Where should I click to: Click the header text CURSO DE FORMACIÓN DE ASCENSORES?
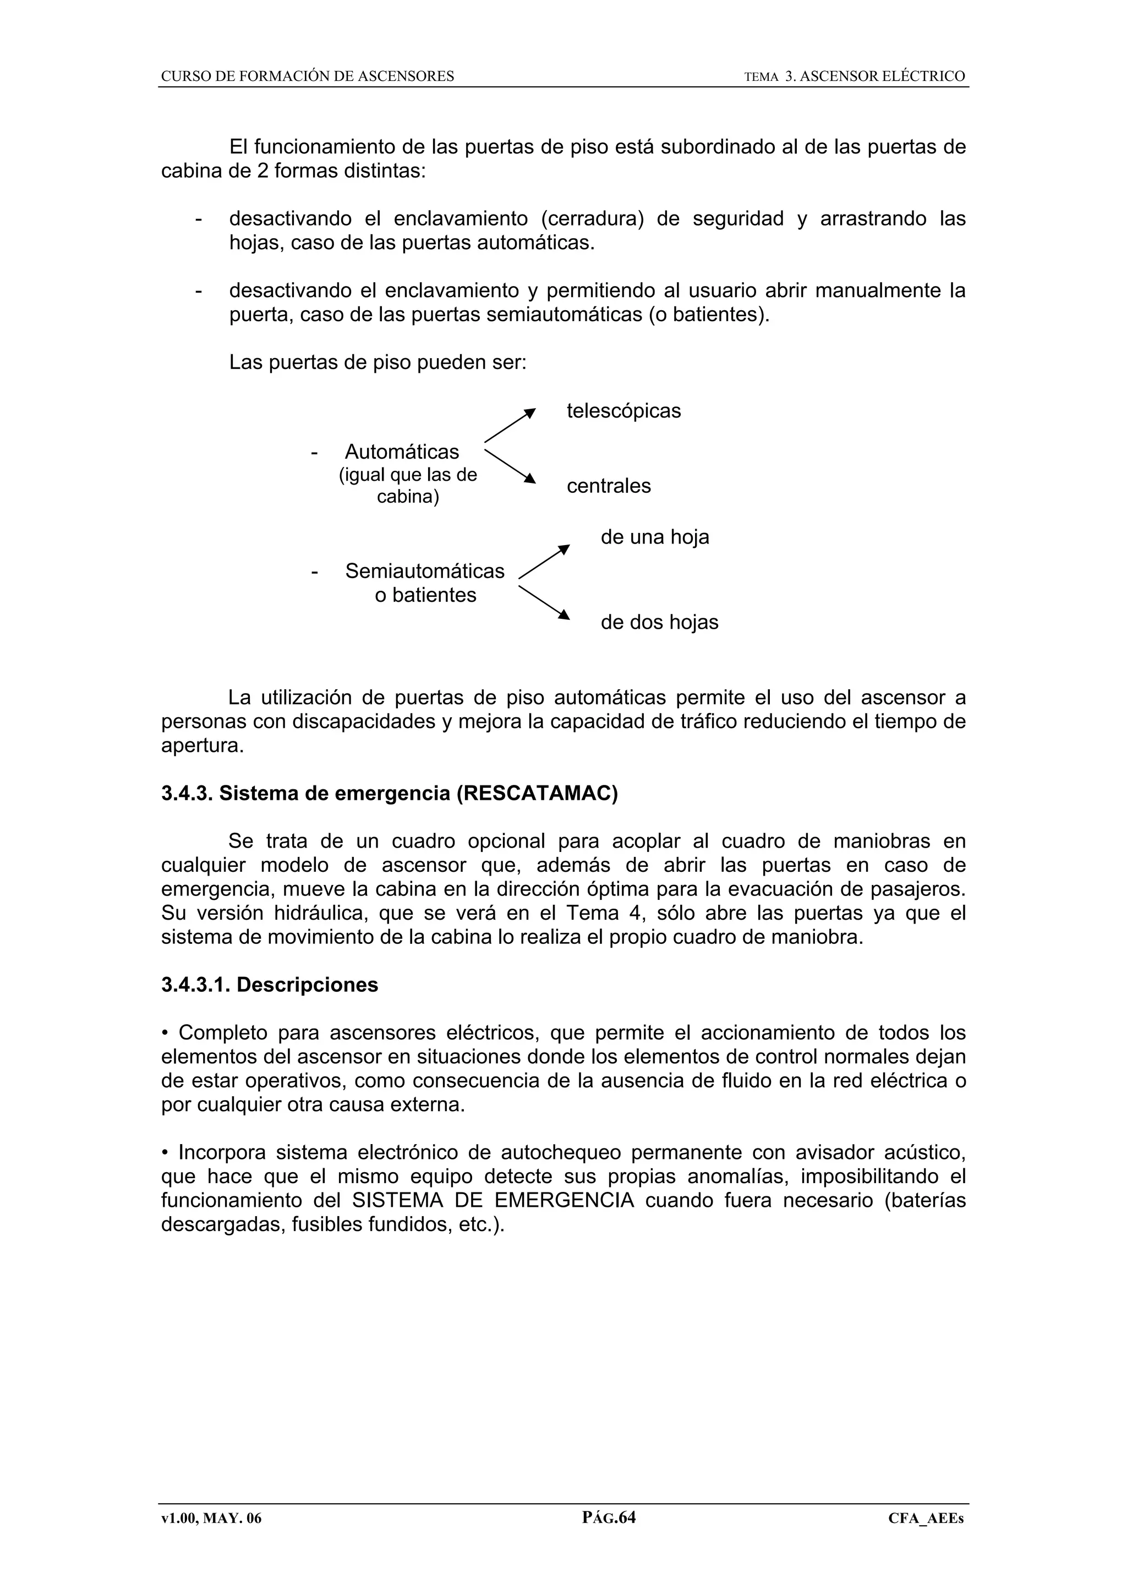click(307, 76)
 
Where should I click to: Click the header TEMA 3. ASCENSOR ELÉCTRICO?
click(854, 76)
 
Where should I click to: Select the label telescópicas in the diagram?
click(623, 411)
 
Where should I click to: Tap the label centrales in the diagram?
click(608, 486)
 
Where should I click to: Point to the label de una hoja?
click(654, 537)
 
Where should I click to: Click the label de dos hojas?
click(659, 622)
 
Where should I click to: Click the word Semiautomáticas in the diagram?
click(424, 571)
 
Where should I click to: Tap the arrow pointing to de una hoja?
click(544, 562)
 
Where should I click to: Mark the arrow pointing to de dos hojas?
click(544, 602)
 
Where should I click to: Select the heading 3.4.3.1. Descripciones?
click(270, 985)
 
